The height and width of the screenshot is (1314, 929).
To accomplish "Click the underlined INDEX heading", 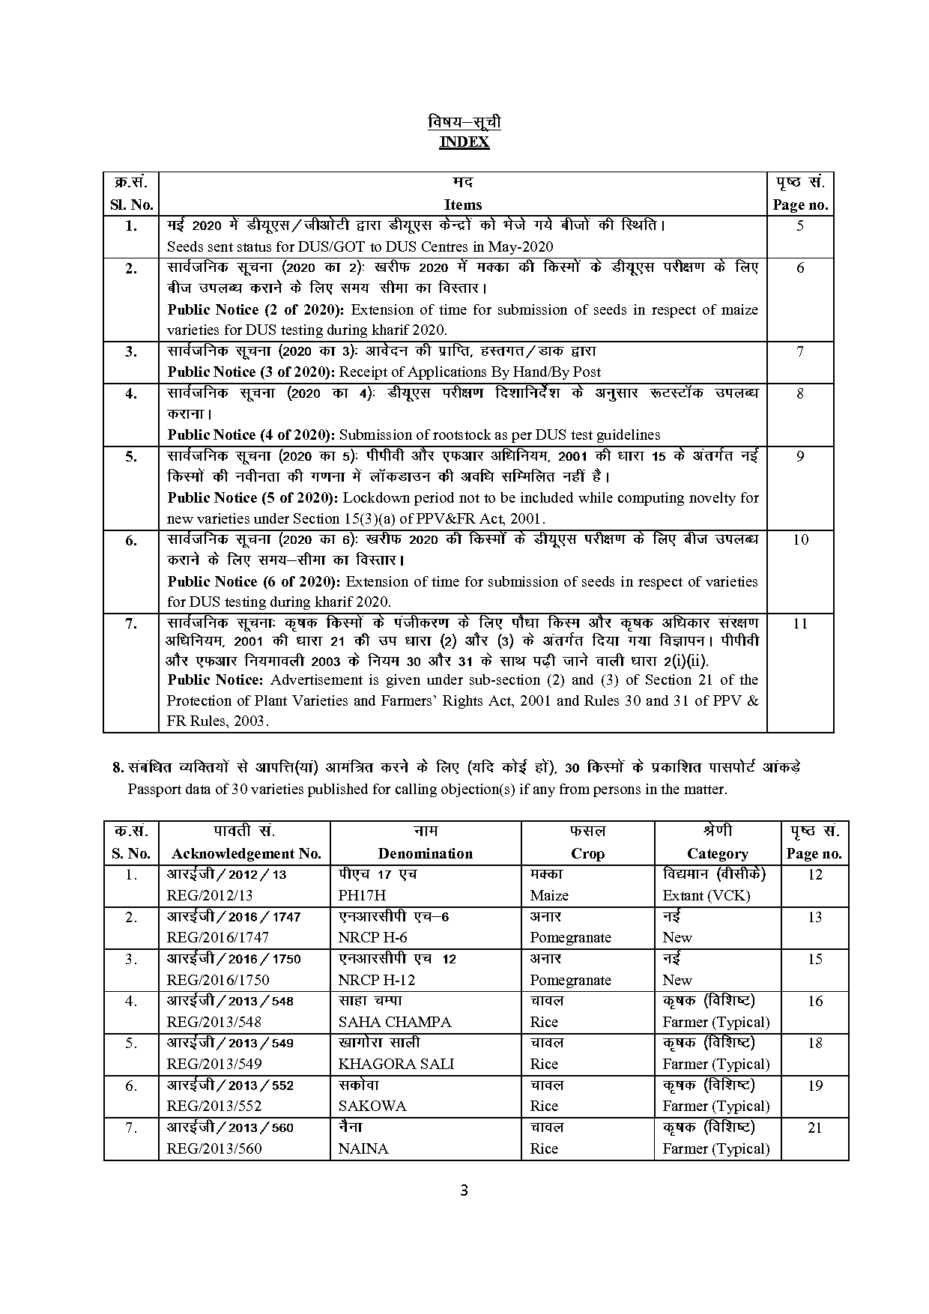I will (x=464, y=142).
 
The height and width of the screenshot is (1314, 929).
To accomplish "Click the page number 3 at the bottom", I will (x=464, y=1190).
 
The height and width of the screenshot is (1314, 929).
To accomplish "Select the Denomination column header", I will (x=425, y=853).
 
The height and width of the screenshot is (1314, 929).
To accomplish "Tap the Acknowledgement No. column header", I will (x=246, y=853).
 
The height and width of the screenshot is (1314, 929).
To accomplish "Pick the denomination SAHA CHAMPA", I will (x=395, y=1022).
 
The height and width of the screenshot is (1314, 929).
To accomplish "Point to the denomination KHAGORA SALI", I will (x=396, y=1064).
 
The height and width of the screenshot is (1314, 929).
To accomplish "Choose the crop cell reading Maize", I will (x=549, y=895).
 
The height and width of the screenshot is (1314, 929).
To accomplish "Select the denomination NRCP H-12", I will (x=376, y=980).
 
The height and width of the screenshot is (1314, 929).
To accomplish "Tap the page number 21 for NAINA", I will (x=815, y=1127).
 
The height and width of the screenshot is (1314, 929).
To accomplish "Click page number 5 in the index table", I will (x=800, y=225).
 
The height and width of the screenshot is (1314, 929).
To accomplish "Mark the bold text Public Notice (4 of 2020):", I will (x=251, y=435).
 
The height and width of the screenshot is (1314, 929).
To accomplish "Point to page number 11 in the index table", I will (x=800, y=623).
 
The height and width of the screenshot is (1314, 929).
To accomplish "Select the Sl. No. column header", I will (x=131, y=205).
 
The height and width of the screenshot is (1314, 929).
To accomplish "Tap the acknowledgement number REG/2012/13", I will (x=210, y=895).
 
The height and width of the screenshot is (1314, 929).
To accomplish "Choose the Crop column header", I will (x=587, y=853).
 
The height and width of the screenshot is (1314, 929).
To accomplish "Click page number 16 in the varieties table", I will (x=815, y=1001).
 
